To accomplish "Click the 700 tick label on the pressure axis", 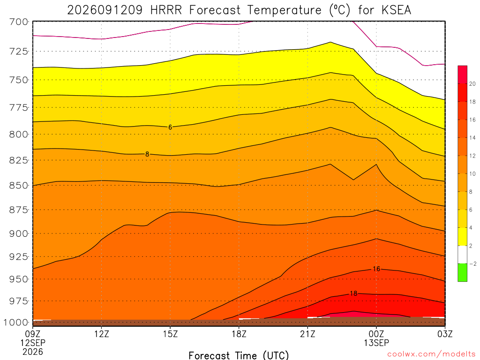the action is coord(19,22).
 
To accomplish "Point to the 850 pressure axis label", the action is coord(19,186).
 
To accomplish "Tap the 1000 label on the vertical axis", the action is coord(16,322).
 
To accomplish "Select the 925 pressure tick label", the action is coord(19,256).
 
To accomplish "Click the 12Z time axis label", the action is coord(101,334).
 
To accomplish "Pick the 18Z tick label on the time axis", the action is coord(239,334).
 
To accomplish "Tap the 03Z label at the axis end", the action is coord(445,334).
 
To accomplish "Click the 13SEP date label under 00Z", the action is coord(376,343).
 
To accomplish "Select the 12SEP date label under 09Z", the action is coord(33,343).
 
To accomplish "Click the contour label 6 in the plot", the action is coord(170,127).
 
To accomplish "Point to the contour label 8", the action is coord(147,154).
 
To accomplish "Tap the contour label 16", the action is coord(376,269).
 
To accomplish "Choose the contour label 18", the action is coord(353,293).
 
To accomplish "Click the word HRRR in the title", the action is coord(166,10).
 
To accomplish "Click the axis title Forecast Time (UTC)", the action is coord(239,355).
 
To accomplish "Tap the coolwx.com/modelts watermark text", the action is coord(431,354).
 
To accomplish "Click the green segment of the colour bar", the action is coord(462,272).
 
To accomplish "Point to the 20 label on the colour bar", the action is coord(472,84).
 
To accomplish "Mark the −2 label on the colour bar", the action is coord(472,264).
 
